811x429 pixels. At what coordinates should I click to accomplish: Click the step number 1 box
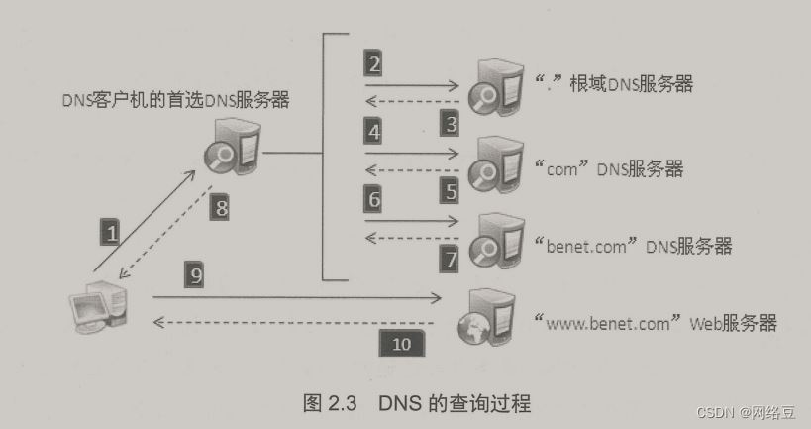click(112, 233)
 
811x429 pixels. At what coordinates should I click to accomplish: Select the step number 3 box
click(451, 124)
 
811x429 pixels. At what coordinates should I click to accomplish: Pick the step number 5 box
click(451, 190)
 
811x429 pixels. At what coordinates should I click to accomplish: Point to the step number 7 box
click(451, 259)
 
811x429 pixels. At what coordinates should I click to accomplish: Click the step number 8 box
click(221, 207)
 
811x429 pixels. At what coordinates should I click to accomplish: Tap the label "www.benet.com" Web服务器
click(654, 322)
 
